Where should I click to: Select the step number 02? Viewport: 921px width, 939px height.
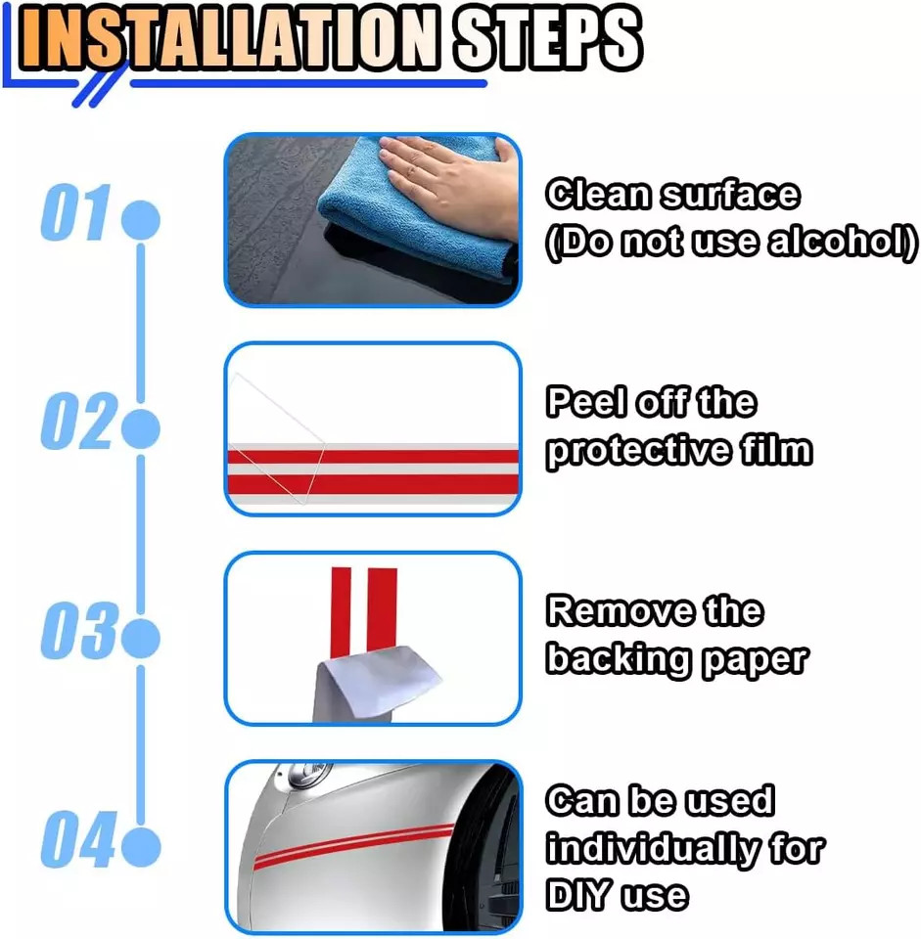[75, 426]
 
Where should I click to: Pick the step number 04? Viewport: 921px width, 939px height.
[75, 843]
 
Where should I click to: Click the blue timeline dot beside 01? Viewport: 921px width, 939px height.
[140, 220]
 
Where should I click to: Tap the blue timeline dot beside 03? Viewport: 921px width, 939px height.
[140, 638]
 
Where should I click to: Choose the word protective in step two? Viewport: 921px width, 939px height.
[631, 451]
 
